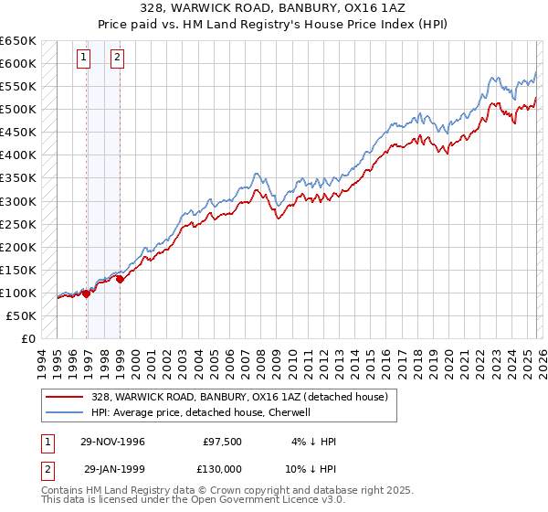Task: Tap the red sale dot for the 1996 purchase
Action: pyautogui.click(x=87, y=293)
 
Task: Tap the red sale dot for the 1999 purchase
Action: pyautogui.click(x=120, y=279)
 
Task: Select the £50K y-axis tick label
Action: pyautogui.click(x=22, y=315)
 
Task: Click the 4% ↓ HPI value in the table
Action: pyautogui.click(x=313, y=442)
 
